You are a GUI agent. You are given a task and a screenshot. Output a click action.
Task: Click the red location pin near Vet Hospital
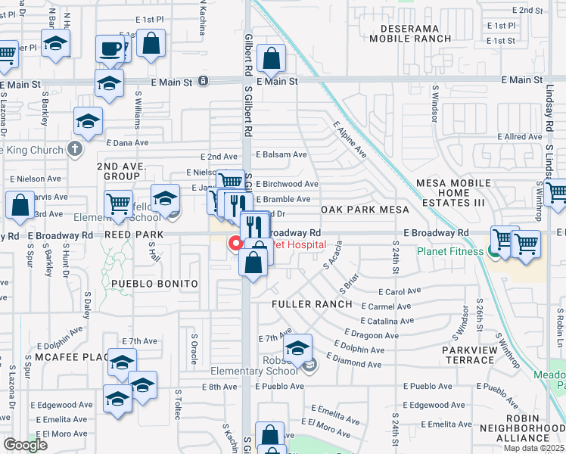[235, 244]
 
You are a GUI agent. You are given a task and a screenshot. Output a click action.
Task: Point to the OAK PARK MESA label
[365, 210]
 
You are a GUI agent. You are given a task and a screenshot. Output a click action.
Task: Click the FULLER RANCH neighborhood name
[312, 304]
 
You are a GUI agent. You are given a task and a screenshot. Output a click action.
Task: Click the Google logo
[25, 445]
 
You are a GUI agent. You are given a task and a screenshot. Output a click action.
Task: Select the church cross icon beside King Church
[74, 149]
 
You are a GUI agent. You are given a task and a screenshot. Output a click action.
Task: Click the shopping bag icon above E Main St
[271, 58]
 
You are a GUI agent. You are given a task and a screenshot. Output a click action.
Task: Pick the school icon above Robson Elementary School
[297, 348]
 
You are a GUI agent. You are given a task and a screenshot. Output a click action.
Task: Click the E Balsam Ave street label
[281, 154]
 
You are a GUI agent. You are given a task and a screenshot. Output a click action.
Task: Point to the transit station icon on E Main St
[203, 80]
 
